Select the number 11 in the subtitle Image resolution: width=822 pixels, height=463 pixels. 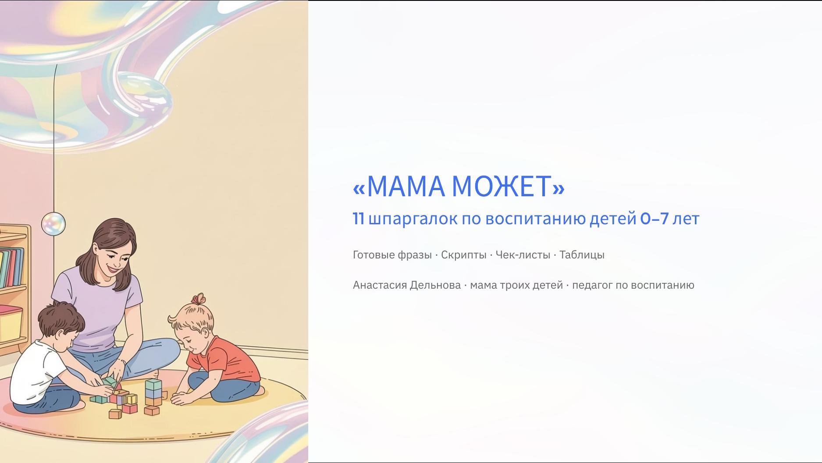359,218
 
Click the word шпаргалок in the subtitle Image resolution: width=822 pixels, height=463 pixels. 413,218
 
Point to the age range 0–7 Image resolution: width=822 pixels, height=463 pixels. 654,218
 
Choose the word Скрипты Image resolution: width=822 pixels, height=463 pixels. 463,254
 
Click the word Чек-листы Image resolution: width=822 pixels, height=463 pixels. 523,254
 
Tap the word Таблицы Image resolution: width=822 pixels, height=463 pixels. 582,254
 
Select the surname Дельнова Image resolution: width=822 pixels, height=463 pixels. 435,285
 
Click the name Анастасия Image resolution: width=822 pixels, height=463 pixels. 380,285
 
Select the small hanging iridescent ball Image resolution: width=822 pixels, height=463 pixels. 53,223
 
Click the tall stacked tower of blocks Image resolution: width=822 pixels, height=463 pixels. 153,392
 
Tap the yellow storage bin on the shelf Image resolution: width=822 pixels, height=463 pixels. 10,324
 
